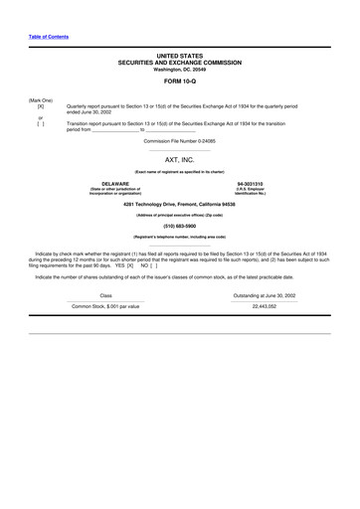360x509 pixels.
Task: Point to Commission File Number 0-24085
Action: [x=179, y=140]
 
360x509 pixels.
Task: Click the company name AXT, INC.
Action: [x=179, y=158]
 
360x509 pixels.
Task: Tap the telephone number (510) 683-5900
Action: [x=179, y=224]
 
